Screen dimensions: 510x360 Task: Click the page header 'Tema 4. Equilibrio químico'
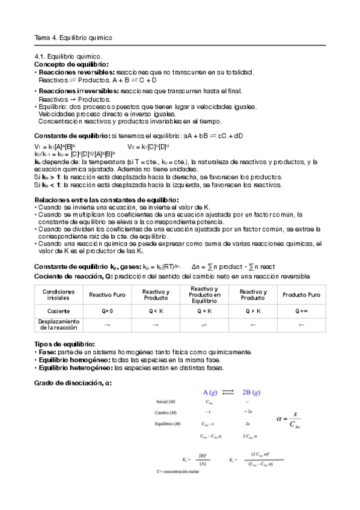74,38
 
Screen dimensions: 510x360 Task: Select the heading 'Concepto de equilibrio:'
72,64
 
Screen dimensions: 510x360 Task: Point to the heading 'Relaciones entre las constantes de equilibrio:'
106,200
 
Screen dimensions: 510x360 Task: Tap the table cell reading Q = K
204,312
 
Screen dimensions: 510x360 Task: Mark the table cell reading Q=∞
301,312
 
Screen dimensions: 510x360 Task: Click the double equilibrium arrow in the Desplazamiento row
204,325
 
